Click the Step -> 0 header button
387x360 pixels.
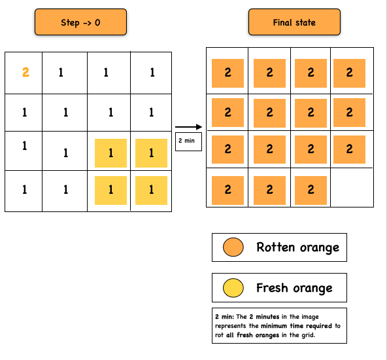click(x=80, y=22)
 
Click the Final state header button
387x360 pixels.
click(x=294, y=22)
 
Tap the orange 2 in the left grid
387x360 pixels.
click(x=25, y=73)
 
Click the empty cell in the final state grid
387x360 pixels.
click(x=352, y=189)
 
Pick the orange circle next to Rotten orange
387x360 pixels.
click(x=233, y=247)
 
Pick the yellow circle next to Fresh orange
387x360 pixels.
click(x=233, y=288)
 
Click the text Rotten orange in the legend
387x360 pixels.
click(x=297, y=247)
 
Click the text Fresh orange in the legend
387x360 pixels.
click(x=294, y=288)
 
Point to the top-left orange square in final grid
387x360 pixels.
click(x=227, y=73)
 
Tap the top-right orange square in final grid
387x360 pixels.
click(x=350, y=73)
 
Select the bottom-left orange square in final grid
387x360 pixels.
click(x=227, y=190)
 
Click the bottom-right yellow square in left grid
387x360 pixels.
click(x=152, y=190)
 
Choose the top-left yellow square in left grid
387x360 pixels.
click(x=110, y=153)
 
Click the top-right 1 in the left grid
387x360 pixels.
click(x=152, y=73)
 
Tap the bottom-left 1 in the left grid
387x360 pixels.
click(x=24, y=190)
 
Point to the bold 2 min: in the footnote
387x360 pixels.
click(x=224, y=317)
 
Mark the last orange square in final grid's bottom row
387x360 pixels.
click(x=311, y=190)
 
